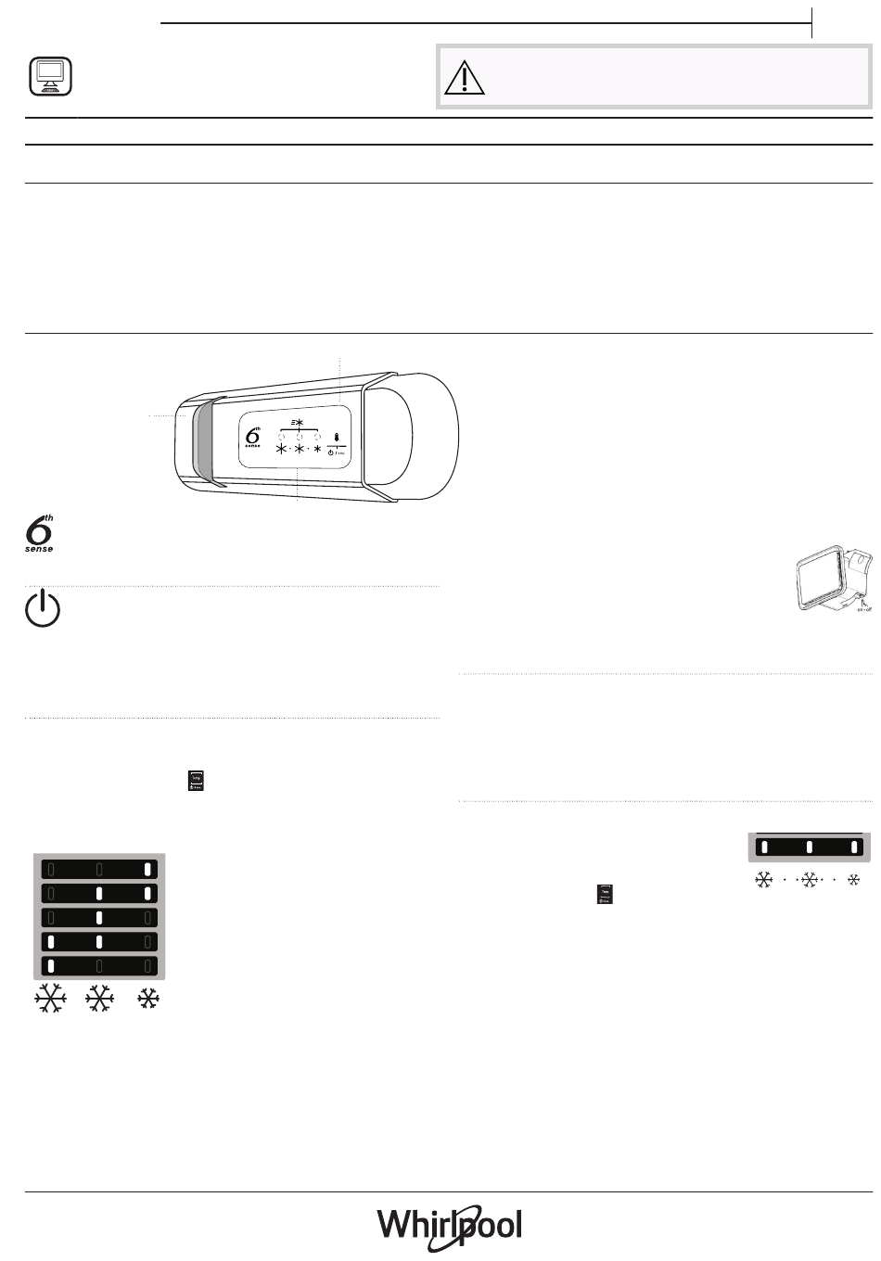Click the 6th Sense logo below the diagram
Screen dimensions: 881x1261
[x=39, y=535]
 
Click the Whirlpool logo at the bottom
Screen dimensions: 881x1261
[x=450, y=1225]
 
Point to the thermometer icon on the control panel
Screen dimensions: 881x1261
[x=336, y=436]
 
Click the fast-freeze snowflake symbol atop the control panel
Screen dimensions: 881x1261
[x=298, y=423]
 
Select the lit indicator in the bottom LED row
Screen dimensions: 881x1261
[x=51, y=966]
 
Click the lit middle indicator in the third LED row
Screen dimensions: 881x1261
[x=99, y=918]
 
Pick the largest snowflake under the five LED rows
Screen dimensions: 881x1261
[x=50, y=1000]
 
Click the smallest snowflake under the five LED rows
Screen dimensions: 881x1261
[x=147, y=1000]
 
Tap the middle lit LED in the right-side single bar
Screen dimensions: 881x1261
[x=809, y=847]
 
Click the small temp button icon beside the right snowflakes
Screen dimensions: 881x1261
[x=604, y=895]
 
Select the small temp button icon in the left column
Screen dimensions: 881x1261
[x=195, y=781]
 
